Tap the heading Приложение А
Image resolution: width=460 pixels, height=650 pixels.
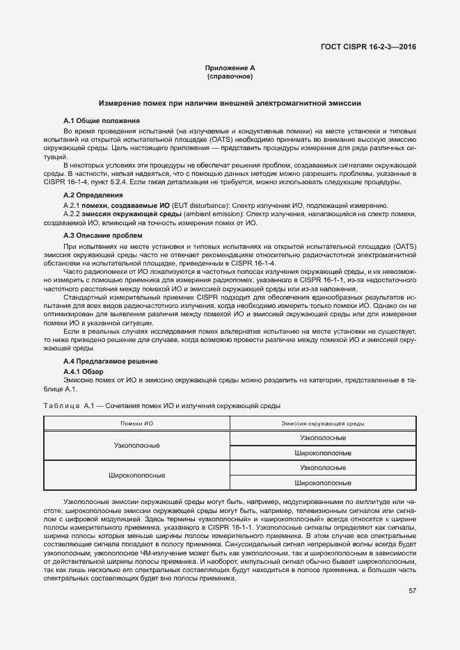click(230, 67)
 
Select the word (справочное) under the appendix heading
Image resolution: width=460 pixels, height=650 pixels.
click(230, 76)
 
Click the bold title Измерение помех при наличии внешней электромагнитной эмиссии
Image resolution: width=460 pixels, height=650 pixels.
click(230, 103)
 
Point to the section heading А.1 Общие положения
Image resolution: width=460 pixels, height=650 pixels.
click(102, 121)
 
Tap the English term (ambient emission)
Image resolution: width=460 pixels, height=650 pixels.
click(213, 215)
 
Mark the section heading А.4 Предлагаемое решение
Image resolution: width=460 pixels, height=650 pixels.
click(110, 361)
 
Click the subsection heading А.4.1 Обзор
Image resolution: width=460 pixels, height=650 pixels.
click(83, 371)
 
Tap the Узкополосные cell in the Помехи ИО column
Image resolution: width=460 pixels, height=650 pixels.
click(136, 445)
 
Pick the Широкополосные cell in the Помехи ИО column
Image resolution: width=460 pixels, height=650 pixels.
click(136, 476)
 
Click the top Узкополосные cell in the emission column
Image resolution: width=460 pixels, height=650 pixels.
click(322, 438)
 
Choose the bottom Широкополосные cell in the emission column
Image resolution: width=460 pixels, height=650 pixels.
click(322, 482)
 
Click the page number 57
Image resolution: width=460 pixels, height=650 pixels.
click(412, 590)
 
